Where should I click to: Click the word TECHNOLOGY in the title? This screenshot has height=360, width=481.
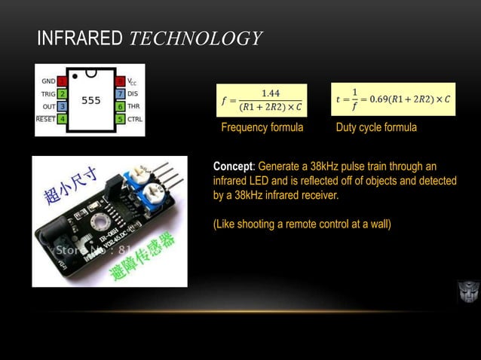[194, 37]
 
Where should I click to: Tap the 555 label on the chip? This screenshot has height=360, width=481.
[90, 99]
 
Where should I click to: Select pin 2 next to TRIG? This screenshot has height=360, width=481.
[62, 94]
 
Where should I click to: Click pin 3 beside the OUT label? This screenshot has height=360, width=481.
[62, 107]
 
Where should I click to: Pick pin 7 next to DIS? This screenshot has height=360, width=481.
[119, 94]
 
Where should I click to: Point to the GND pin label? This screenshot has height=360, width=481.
[47, 81]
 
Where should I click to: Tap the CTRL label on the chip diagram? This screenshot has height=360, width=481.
[134, 119]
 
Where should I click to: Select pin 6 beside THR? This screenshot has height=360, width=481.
[119, 107]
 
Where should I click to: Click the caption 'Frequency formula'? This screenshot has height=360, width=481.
[262, 128]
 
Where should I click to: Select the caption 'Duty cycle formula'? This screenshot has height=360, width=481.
[376, 128]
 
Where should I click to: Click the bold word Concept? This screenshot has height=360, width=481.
[235, 166]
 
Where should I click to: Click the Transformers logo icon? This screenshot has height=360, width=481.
[467, 291]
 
